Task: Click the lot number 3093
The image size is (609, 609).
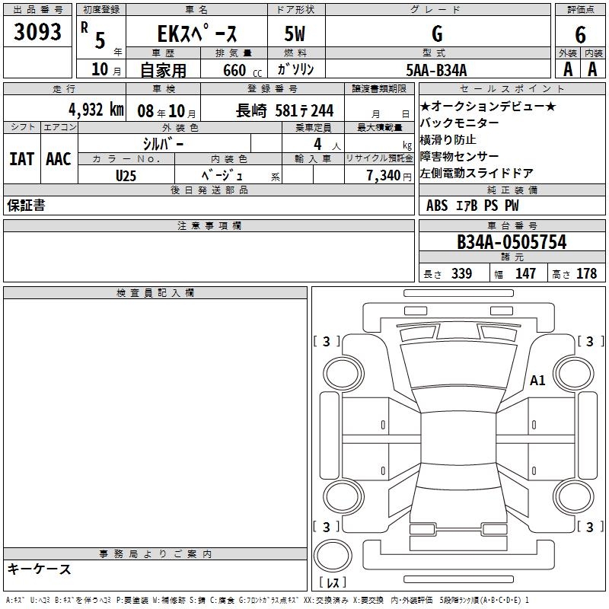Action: pos(37,32)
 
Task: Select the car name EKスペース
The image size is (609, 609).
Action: pos(197,33)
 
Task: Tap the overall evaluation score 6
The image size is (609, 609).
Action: pos(580,34)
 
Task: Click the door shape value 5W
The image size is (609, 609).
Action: pos(295,33)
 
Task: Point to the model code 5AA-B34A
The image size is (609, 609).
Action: pos(436,70)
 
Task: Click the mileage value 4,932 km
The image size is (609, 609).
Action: pos(97,110)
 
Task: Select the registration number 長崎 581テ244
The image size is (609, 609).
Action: pos(285,110)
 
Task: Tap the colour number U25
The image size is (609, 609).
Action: pos(126,176)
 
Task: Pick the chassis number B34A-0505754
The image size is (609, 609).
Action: pos(512,241)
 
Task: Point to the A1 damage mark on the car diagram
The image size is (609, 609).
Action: pos(537,380)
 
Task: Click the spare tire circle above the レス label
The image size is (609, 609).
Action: pos(333,556)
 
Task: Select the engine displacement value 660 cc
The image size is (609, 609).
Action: pos(242,71)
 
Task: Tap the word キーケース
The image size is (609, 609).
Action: pos(40,569)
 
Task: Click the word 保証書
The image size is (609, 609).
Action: pos(26,206)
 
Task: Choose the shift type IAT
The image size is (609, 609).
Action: pos(22,159)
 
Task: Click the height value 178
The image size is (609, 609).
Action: pos(586,273)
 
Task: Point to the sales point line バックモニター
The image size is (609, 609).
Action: pos(459,123)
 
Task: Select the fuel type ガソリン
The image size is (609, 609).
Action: pos(295,69)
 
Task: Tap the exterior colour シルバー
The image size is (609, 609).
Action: pos(164,144)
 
